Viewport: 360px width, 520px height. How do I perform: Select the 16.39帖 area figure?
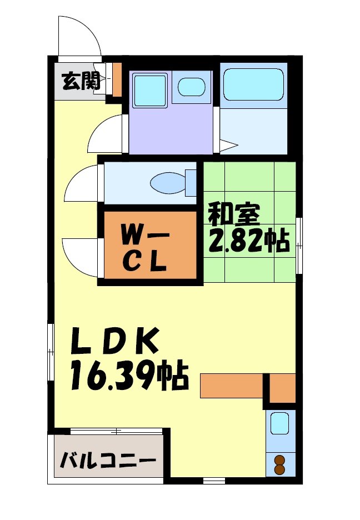[x=128, y=376]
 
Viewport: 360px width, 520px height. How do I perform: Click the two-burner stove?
[x=279, y=464]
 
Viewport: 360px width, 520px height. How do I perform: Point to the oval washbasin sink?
[x=192, y=87]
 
